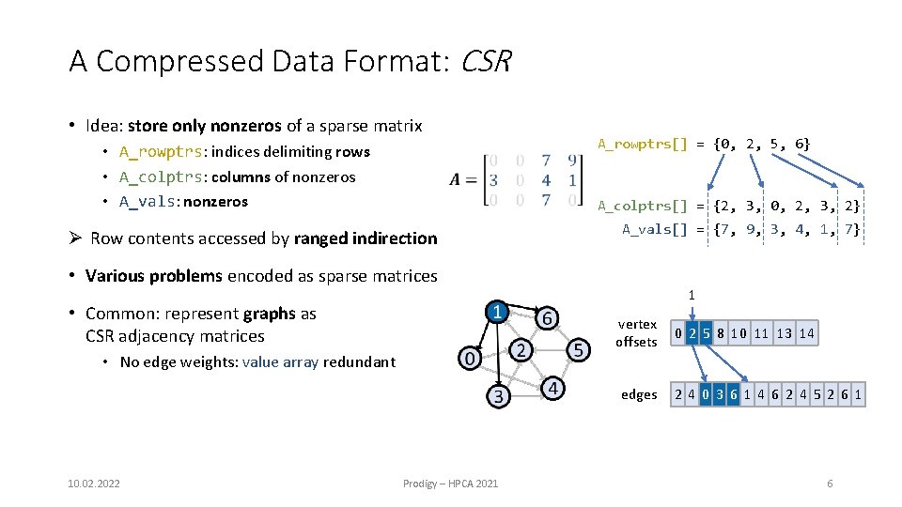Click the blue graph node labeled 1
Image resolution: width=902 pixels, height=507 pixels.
click(x=497, y=311)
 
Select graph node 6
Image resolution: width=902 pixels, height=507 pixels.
click(x=545, y=318)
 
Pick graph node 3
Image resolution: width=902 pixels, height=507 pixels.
click(x=498, y=396)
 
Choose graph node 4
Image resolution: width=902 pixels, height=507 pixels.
click(x=554, y=388)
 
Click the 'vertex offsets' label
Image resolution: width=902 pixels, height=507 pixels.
click(x=636, y=333)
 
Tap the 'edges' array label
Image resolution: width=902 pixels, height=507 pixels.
click(x=639, y=395)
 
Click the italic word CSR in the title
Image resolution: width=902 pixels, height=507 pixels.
click(x=486, y=62)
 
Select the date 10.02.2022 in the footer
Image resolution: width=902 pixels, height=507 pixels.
click(x=94, y=484)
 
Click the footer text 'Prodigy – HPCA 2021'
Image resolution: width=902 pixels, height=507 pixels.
click(x=451, y=484)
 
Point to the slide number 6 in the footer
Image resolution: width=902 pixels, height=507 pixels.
click(x=830, y=484)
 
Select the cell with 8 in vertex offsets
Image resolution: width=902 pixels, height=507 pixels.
click(x=718, y=333)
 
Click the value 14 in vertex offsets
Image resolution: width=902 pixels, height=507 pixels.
click(x=806, y=333)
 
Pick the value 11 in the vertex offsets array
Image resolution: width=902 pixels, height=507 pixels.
click(x=761, y=333)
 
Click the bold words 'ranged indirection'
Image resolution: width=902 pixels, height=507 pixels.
click(x=365, y=238)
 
